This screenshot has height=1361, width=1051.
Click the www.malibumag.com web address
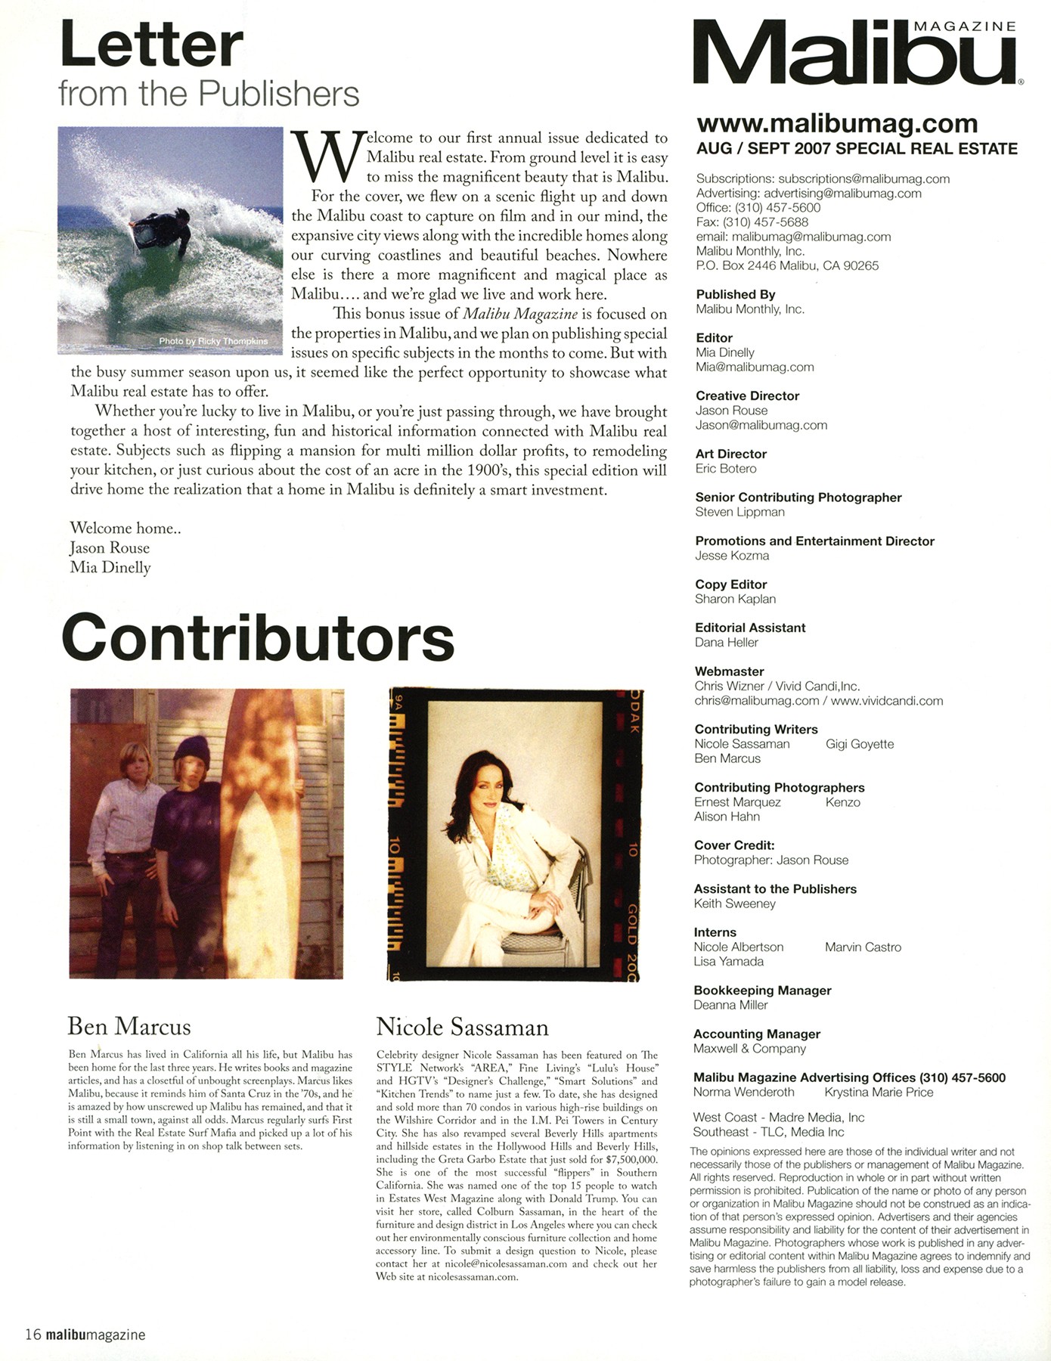(x=837, y=122)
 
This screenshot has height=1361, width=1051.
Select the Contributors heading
(x=257, y=637)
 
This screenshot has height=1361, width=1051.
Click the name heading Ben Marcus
(x=129, y=1026)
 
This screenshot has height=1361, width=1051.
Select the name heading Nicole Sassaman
(x=462, y=1027)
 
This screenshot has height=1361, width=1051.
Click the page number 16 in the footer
(x=33, y=1335)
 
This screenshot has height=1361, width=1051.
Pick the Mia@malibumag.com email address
(x=755, y=367)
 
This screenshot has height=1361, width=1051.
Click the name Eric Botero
(x=726, y=468)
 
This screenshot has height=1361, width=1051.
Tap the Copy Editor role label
(x=730, y=584)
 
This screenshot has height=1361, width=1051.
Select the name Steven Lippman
(x=739, y=512)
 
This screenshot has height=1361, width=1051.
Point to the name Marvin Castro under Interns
(x=863, y=947)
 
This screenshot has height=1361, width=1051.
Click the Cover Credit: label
(x=733, y=845)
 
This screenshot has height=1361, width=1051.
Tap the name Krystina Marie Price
(x=879, y=1092)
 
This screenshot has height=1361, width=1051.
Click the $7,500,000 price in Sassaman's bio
(x=631, y=1159)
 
